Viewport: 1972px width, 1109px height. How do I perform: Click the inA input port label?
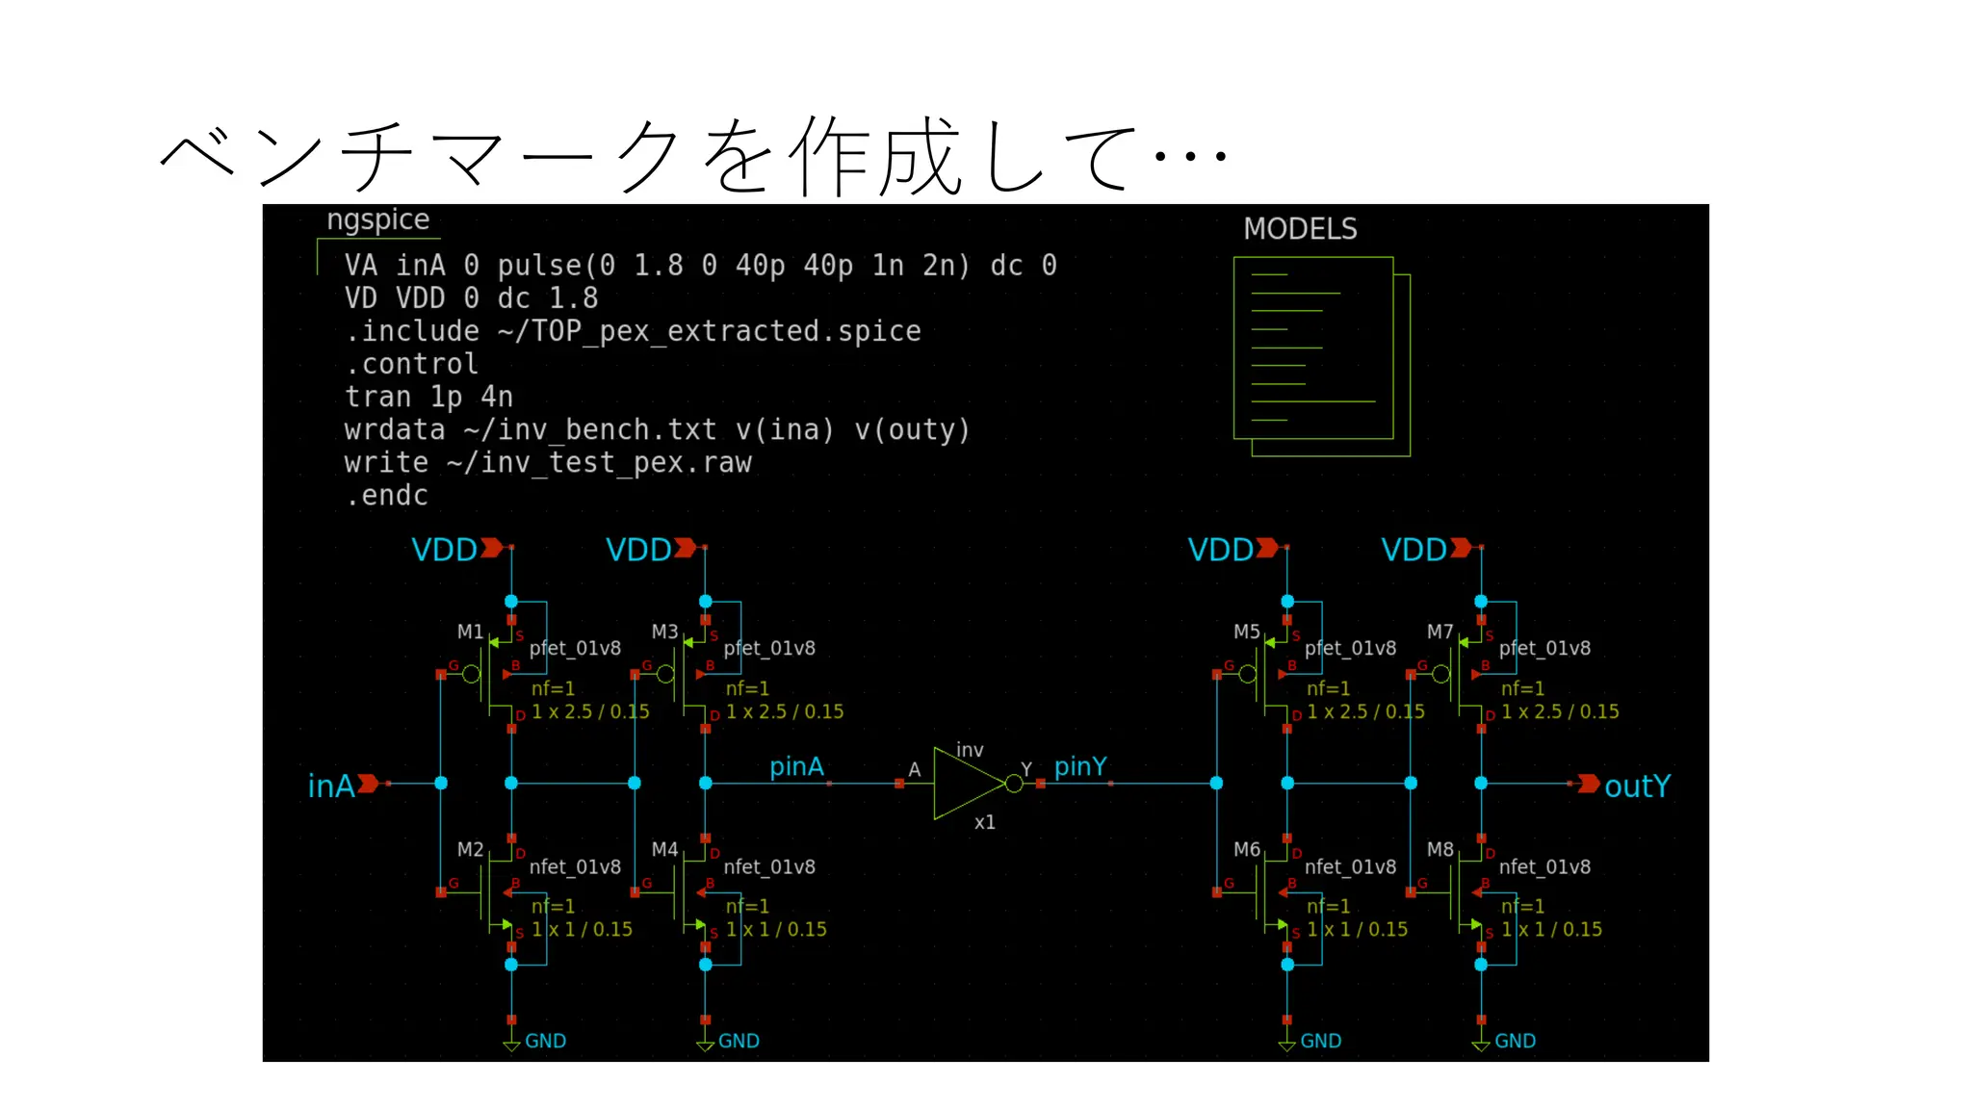click(331, 786)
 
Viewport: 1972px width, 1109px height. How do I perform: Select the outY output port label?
click(1637, 786)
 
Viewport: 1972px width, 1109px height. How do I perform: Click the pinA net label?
click(796, 766)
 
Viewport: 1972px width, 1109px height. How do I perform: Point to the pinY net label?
click(1080, 766)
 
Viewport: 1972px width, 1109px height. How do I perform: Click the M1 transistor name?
click(470, 632)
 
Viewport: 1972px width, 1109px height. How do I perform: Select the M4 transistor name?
click(664, 849)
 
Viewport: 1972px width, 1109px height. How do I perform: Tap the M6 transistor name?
click(1247, 849)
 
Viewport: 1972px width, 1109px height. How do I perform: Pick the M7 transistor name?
click(1440, 632)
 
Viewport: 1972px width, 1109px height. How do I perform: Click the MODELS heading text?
click(1300, 229)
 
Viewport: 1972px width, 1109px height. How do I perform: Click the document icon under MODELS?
click(1321, 355)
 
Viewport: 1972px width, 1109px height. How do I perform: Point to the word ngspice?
click(377, 219)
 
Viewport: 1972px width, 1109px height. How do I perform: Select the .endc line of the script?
click(387, 496)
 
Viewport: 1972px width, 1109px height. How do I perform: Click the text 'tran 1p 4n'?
click(428, 397)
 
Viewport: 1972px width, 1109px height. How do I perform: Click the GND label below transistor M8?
click(1515, 1041)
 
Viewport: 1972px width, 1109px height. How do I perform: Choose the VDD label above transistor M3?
click(638, 550)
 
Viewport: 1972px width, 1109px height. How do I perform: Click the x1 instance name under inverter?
click(984, 822)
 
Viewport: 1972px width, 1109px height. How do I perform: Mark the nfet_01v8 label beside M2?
click(575, 866)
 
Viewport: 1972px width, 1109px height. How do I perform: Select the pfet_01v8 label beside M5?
click(1350, 648)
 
